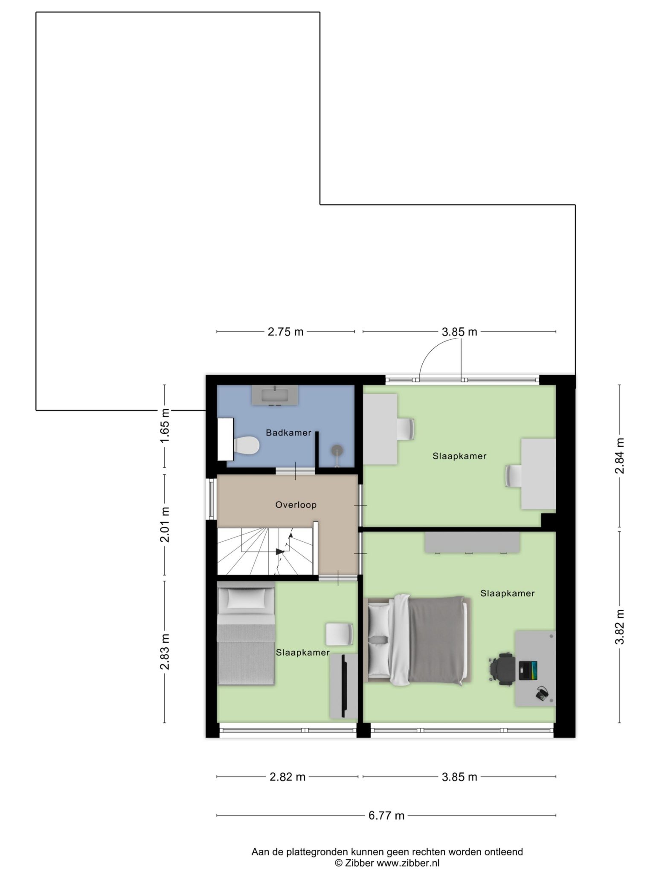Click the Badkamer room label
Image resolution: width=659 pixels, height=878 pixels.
click(x=288, y=433)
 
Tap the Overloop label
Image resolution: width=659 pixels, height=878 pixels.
click(x=296, y=505)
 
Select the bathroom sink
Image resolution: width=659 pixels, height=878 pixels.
click(x=275, y=395)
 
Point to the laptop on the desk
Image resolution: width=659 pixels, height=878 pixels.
click(x=528, y=670)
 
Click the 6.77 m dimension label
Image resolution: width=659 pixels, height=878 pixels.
click(x=386, y=816)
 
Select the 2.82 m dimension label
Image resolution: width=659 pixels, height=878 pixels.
click(x=287, y=777)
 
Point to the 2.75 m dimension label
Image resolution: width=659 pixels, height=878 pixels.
click(x=285, y=332)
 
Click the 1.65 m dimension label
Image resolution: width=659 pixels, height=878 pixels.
click(x=165, y=425)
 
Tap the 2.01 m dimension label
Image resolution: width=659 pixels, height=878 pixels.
click(x=165, y=524)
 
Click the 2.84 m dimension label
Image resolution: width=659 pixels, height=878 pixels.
click(x=619, y=456)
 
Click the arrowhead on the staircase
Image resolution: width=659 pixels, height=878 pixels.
click(x=280, y=552)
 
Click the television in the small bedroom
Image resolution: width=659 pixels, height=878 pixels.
click(x=343, y=686)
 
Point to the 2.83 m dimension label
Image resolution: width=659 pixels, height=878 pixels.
click(x=165, y=652)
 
